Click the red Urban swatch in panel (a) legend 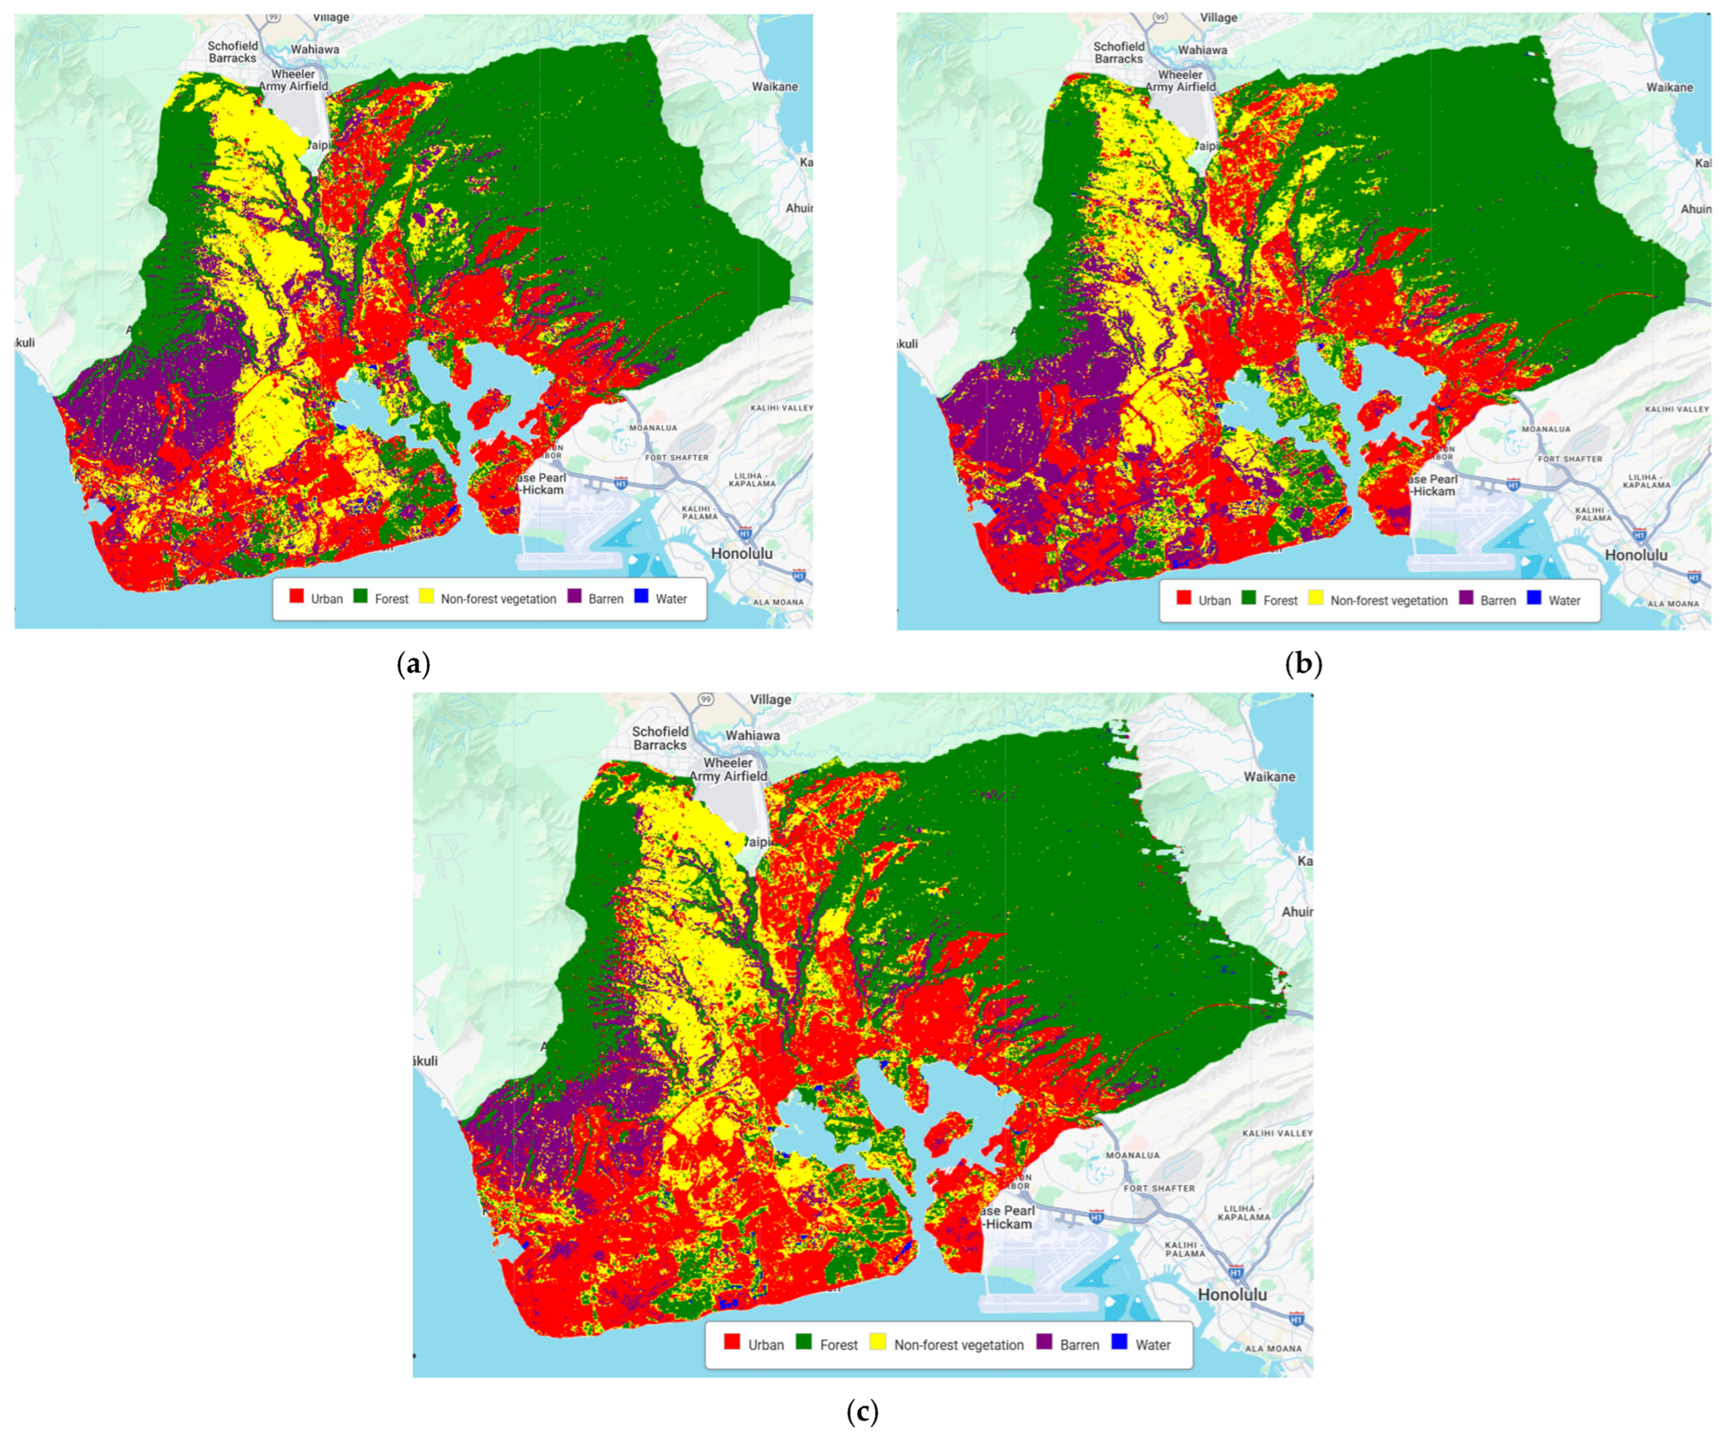click(296, 596)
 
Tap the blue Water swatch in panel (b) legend click(1534, 598)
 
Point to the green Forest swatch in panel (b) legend click(1249, 598)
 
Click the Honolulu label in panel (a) click(741, 554)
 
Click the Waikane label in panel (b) click(1669, 87)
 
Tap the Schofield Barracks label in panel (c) click(660, 737)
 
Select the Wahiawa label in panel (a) click(315, 49)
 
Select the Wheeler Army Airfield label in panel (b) click(1180, 81)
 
